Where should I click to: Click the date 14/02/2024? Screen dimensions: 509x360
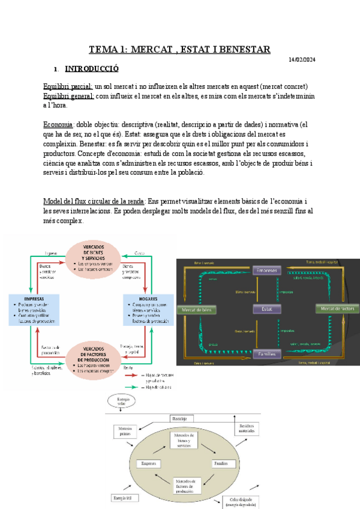pos(302,59)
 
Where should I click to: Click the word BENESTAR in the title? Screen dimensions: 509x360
pos(240,49)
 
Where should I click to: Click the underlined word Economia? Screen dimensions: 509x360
pos(58,124)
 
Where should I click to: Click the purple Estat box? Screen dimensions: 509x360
pos(267,310)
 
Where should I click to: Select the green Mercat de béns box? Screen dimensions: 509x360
pos(196,310)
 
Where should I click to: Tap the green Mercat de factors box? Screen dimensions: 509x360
pos(338,309)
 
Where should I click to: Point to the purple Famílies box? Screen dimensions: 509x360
pos(268,354)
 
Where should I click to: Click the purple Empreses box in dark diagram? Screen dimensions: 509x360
pos(268,271)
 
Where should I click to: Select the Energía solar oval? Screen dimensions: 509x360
pos(121,400)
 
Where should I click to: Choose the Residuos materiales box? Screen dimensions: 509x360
pos(247,428)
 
